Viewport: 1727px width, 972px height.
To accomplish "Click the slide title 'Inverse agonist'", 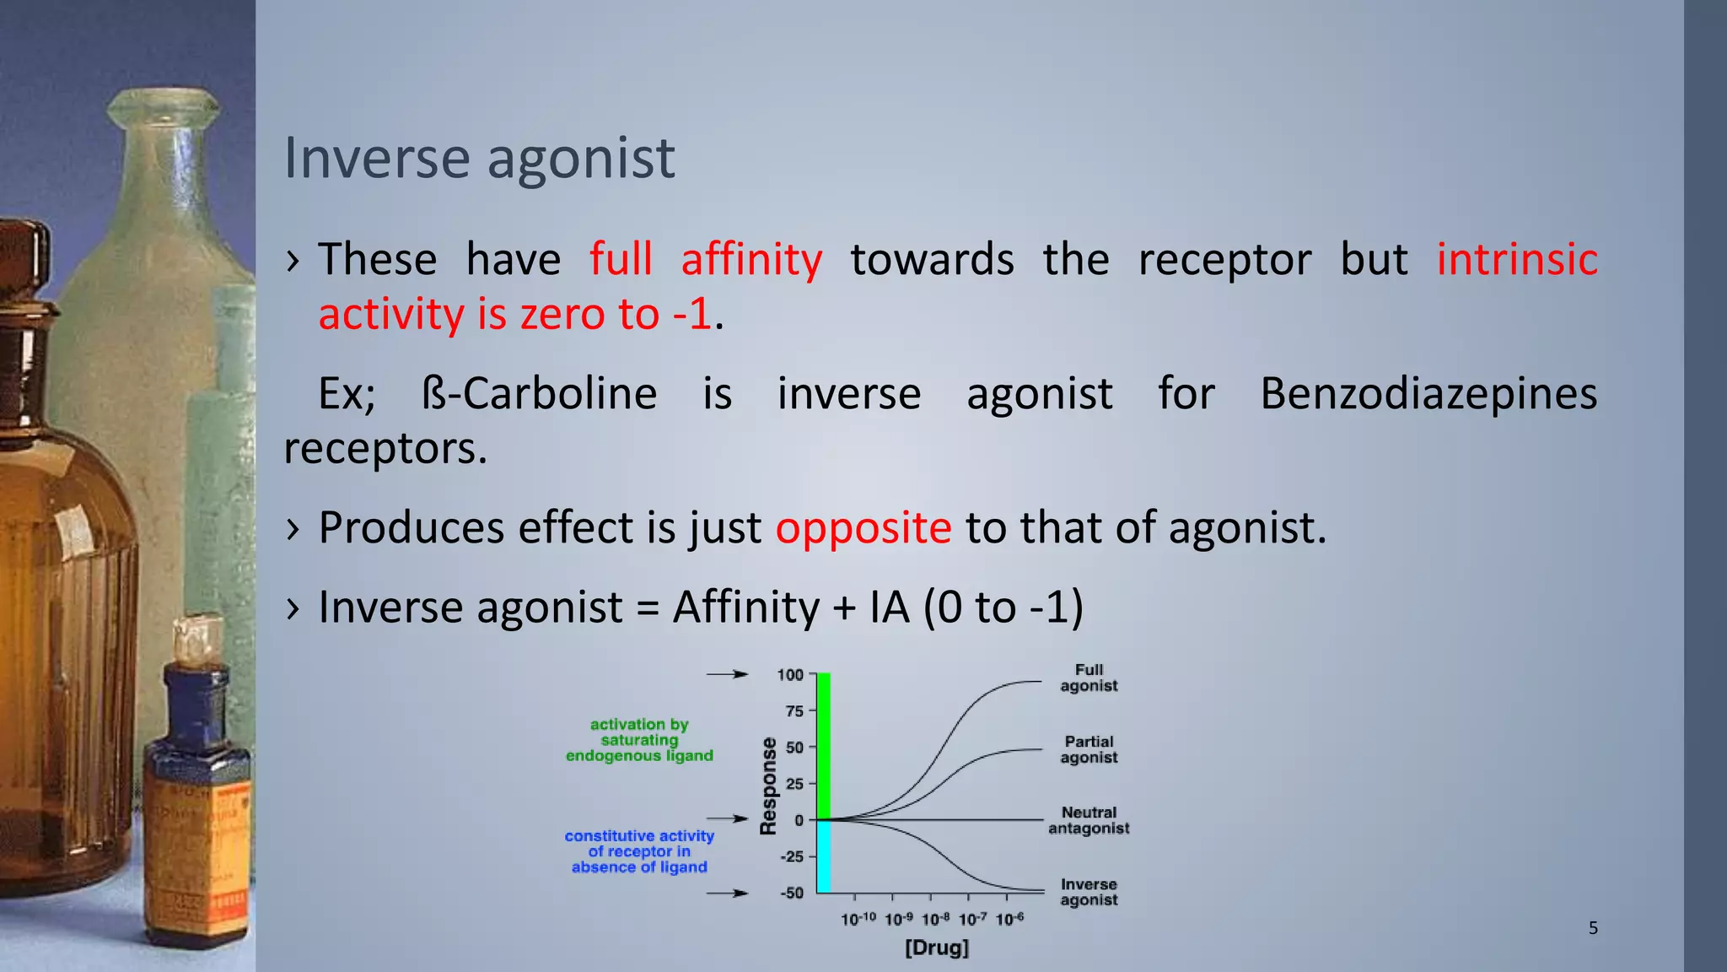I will (479, 159).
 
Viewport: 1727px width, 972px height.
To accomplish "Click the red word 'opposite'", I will (863, 528).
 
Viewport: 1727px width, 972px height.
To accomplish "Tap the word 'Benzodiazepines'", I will (1428, 394).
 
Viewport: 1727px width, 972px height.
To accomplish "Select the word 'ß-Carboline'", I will (539, 394).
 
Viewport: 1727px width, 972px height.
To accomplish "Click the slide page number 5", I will (1593, 928).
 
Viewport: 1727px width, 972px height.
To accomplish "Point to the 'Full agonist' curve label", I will (1089, 678).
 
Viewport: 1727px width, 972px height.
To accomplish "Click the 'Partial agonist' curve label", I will (1089, 749).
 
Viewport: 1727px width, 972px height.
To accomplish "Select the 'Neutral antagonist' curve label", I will (1089, 820).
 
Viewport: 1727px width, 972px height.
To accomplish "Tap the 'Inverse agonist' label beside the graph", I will (1089, 892).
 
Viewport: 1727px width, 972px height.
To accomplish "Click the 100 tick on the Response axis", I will (790, 675).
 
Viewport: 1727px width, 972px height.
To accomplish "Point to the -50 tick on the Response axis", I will (792, 893).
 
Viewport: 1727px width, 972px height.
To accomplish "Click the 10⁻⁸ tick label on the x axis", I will (936, 919).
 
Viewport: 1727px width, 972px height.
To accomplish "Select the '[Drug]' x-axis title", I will (937, 948).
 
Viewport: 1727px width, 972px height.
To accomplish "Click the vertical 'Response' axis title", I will (768, 786).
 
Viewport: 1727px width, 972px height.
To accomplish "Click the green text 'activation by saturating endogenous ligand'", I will (639, 740).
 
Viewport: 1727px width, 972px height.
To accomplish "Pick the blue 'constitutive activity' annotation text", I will (639, 851).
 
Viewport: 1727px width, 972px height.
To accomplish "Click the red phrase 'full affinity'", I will (705, 259).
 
